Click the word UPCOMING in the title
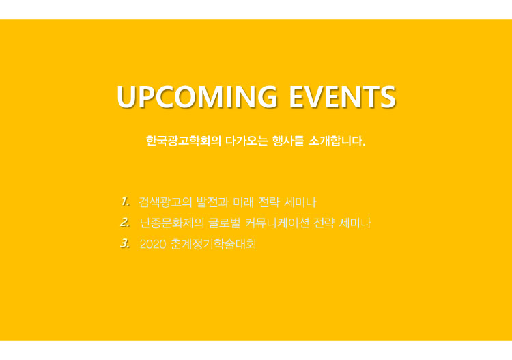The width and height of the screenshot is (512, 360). (197, 97)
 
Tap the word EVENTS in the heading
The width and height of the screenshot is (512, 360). (343, 97)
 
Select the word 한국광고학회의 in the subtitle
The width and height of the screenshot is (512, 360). (184, 141)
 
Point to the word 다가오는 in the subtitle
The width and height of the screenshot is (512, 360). (246, 141)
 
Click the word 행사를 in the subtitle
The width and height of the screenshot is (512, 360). (288, 141)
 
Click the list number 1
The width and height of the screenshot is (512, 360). (125, 202)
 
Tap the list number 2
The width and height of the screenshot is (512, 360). (125, 223)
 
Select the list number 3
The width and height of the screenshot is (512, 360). (125, 243)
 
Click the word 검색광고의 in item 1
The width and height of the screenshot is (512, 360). (165, 202)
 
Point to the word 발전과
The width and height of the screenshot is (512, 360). (212, 202)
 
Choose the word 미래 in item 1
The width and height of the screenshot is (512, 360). (243, 202)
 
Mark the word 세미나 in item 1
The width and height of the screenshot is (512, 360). (300, 202)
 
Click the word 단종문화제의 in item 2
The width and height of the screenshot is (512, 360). (172, 223)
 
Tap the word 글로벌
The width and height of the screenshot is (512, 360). (225, 223)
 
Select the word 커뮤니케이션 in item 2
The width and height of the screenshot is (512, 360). (277, 223)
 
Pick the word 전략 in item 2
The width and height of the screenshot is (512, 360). (324, 223)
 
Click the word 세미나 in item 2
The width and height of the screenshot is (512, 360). (355, 223)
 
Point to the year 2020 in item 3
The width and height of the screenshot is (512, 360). (153, 244)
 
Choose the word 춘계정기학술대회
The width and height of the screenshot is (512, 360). (213, 244)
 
